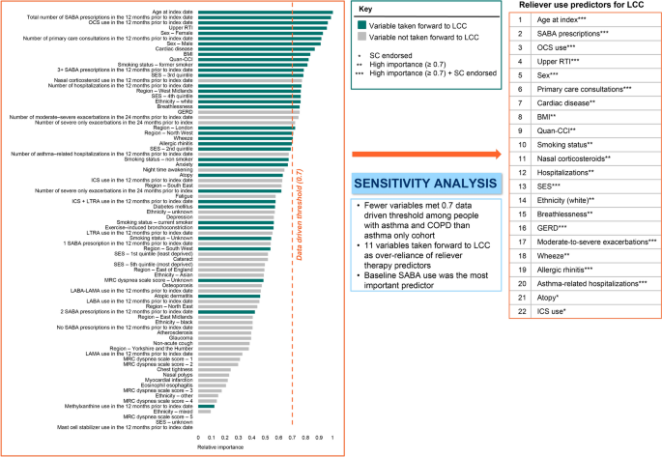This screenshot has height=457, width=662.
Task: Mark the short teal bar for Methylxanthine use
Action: click(197, 407)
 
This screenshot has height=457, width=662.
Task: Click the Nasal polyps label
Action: click(171, 374)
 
